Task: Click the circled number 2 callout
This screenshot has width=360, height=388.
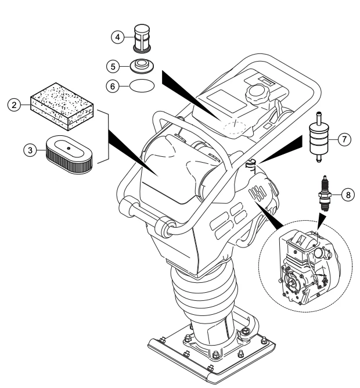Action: [x=14, y=105]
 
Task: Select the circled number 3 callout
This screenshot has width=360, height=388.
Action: [x=30, y=150]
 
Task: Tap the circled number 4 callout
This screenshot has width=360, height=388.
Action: [x=117, y=37]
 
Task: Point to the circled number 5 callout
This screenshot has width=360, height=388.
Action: [x=113, y=67]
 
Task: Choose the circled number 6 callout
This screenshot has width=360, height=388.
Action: [x=113, y=87]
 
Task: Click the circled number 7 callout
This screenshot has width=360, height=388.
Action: [x=344, y=139]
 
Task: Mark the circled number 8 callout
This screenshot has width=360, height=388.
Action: [x=348, y=195]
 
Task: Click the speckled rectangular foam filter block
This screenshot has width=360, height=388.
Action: [x=62, y=106]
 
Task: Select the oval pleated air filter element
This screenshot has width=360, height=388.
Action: [x=69, y=154]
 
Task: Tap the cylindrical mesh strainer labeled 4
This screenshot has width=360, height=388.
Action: [x=142, y=38]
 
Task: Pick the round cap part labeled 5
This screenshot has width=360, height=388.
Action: [x=142, y=66]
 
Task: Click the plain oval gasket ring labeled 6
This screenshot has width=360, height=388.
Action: [x=142, y=86]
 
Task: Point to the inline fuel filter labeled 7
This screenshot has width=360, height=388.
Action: [x=319, y=137]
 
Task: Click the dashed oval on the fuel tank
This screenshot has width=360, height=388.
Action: [x=235, y=128]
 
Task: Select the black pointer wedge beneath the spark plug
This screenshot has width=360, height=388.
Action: [x=321, y=221]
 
